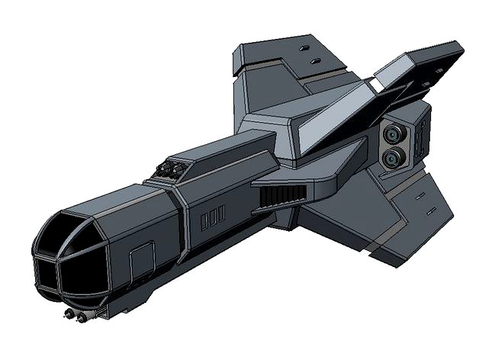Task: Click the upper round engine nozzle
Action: tap(394, 134)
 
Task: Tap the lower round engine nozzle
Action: tap(394, 159)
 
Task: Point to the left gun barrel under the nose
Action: tap(69, 314)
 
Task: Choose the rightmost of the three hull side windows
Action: tap(221, 214)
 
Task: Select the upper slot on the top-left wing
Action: tap(306, 48)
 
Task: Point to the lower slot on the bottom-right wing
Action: tap(429, 209)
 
